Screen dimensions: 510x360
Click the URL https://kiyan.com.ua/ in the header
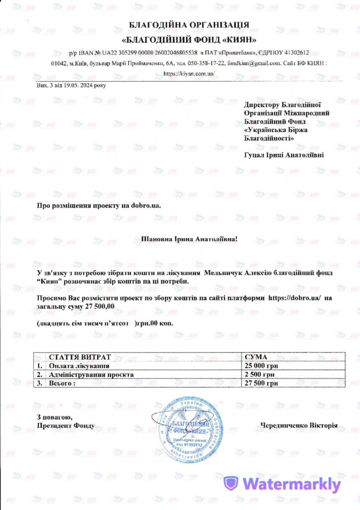click(189, 74)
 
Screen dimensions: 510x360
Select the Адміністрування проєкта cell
click(91, 375)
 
